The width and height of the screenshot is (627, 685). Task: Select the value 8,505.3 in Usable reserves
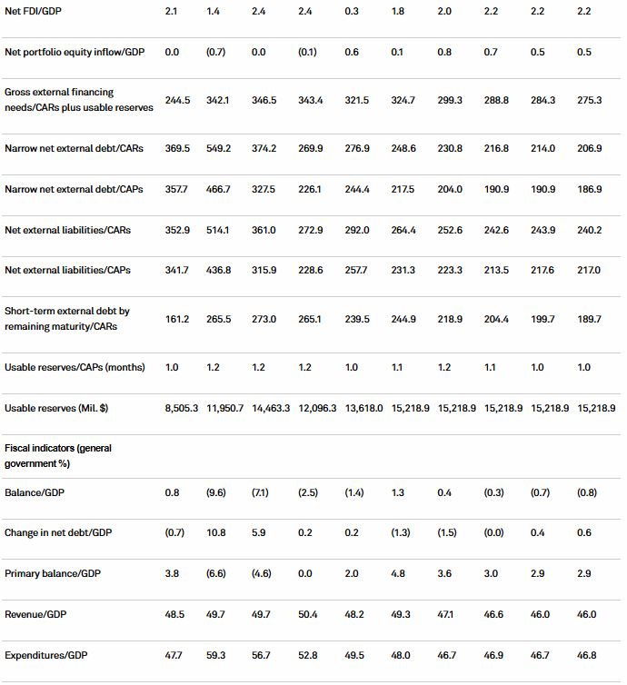pos(184,409)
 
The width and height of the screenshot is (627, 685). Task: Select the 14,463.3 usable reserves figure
pos(275,409)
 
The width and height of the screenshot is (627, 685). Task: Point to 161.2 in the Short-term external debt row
pos(177,318)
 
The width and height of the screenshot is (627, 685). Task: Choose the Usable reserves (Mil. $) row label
pos(56,409)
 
